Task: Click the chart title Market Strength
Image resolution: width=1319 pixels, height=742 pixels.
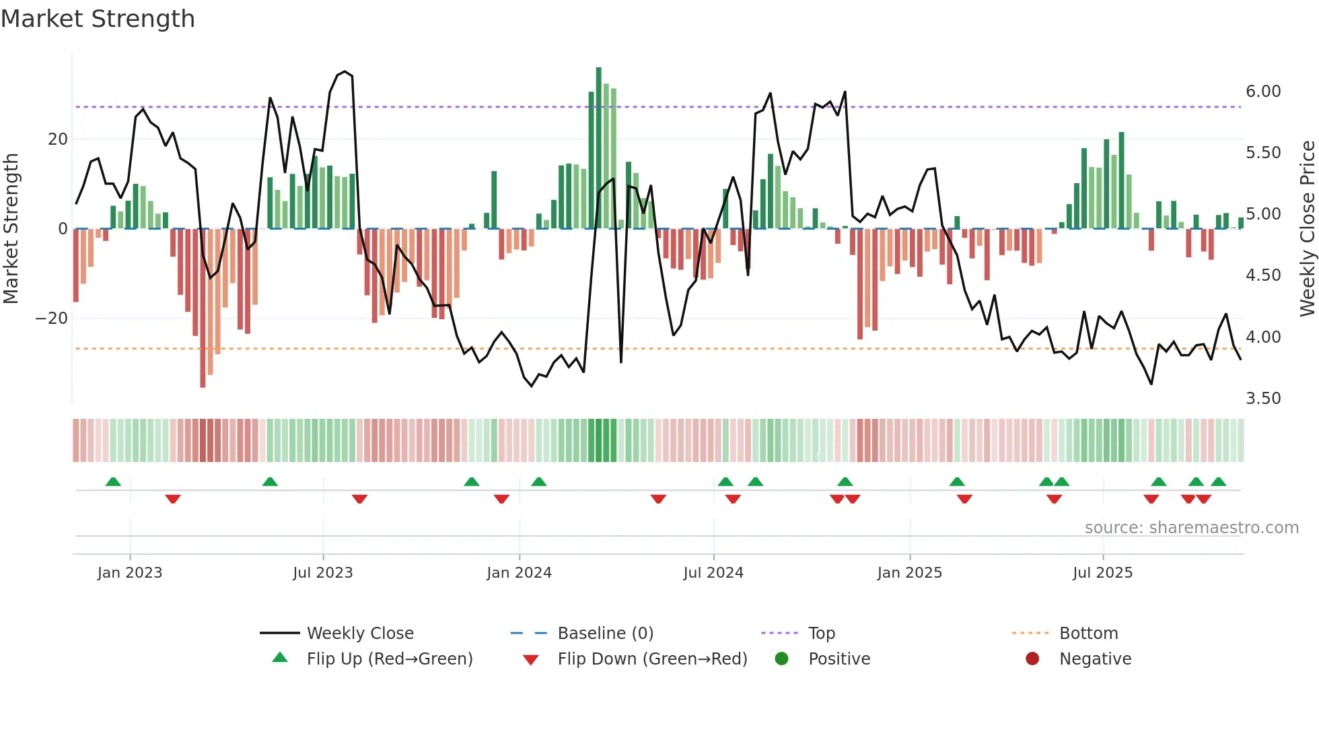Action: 98,19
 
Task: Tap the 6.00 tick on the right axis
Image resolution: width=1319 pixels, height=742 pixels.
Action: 1263,92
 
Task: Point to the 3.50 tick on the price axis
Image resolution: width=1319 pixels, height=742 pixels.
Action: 1263,399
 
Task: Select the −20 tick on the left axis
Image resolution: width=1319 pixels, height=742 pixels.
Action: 52,318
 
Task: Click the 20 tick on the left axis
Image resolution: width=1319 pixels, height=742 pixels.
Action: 58,139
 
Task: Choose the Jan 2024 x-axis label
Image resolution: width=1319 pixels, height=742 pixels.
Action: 519,573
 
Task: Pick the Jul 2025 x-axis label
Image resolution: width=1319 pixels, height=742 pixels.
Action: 1102,573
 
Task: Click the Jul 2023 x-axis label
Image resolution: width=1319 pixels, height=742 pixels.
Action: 322,573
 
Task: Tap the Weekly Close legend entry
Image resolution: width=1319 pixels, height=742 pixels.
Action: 359,634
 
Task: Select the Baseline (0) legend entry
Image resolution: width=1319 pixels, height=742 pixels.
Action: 605,634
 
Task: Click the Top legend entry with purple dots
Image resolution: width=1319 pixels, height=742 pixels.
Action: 821,634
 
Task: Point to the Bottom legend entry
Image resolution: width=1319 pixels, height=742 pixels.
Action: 1088,634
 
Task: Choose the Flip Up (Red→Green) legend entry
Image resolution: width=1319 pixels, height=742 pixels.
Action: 389,659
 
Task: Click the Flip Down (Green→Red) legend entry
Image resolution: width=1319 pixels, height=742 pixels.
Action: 652,659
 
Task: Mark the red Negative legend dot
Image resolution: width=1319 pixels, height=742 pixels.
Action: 1032,659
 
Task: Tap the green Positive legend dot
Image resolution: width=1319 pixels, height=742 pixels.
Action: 781,659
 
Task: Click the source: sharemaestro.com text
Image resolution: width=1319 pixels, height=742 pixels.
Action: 1191,528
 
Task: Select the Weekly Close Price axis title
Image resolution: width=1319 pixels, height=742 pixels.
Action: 1307,229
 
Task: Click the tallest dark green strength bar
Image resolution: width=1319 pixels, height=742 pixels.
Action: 598,148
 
